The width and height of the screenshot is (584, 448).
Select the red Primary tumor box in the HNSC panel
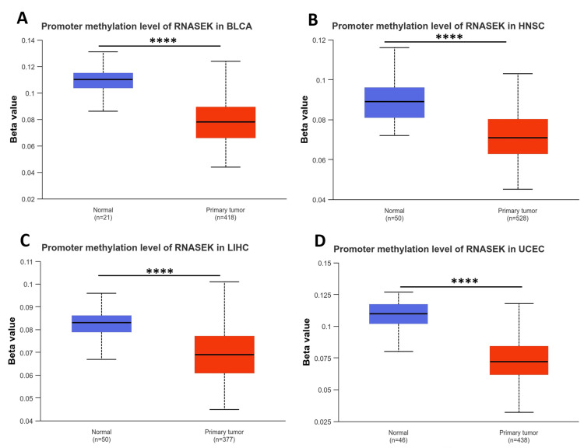point(518,136)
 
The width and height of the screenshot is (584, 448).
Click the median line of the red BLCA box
point(225,122)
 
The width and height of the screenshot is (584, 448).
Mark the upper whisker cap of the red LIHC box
point(225,282)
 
